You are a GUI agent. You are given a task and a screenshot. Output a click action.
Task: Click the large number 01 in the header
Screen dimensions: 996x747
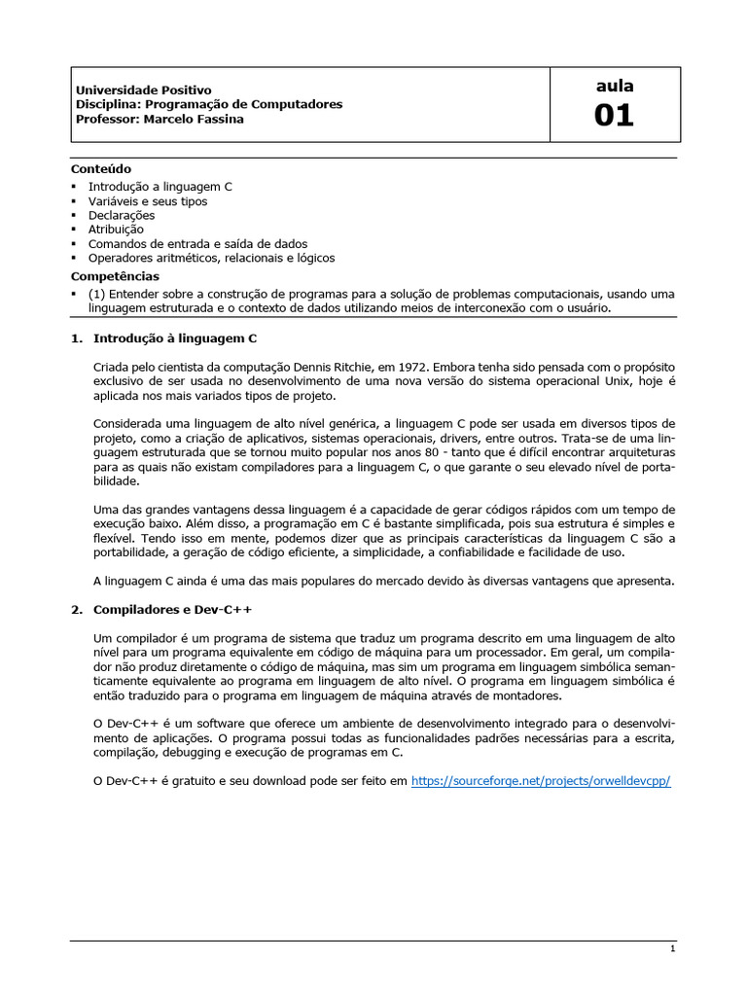point(614,116)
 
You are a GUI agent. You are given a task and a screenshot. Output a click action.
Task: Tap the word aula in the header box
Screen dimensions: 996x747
point(614,87)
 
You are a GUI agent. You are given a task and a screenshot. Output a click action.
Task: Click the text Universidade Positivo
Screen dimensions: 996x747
point(143,89)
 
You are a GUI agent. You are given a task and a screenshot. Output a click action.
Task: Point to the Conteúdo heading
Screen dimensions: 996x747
point(101,168)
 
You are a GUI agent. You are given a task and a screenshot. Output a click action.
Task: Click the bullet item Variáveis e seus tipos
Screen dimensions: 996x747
point(147,201)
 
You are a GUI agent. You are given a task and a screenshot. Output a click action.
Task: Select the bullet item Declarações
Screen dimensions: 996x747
point(122,215)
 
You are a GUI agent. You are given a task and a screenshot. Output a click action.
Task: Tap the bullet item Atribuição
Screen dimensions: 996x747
point(116,230)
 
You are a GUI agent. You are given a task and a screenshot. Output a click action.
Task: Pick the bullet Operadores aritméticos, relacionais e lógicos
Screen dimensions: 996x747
point(211,258)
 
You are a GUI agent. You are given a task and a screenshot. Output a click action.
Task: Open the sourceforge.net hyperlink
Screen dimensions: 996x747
point(541,781)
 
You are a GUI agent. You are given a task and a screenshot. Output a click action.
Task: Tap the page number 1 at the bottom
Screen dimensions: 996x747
point(672,948)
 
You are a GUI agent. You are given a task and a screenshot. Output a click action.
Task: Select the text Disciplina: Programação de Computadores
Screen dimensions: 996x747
point(208,104)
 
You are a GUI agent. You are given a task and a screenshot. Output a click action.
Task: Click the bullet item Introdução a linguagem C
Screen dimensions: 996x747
point(160,187)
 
